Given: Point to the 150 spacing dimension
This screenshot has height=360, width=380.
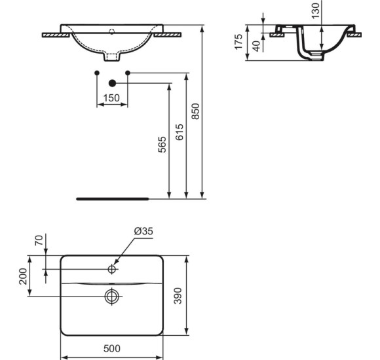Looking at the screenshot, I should [112, 98].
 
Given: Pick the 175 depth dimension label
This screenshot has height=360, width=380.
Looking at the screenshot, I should [240, 44].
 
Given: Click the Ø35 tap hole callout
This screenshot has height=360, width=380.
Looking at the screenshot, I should [143, 232].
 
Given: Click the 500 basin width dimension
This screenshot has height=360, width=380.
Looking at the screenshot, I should [112, 350].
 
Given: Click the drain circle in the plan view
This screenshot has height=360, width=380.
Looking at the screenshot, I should [112, 296].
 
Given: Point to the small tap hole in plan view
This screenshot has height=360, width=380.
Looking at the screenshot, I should [112, 269].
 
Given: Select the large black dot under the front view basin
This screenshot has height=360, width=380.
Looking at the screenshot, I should [112, 82].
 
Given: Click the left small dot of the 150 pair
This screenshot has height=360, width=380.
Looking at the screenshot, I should [97, 71].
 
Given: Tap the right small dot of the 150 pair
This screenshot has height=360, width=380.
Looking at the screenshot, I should [128, 71].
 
